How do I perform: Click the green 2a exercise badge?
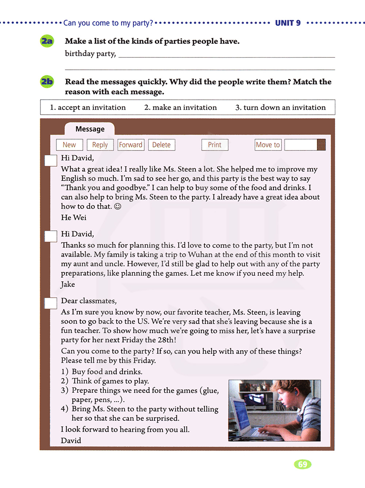(x=47, y=41)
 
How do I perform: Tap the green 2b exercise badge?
(x=47, y=81)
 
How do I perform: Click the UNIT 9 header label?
(x=288, y=23)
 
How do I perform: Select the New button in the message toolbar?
(x=69, y=145)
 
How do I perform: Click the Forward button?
(x=131, y=145)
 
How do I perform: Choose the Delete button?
(x=161, y=145)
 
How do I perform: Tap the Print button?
(x=215, y=145)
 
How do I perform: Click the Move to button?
(x=268, y=145)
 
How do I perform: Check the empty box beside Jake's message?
(x=50, y=236)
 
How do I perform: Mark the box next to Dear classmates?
(x=50, y=303)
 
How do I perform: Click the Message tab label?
(x=90, y=129)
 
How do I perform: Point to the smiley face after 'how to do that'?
(x=118, y=206)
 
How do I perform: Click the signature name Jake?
(x=68, y=284)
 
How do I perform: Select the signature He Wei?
(x=74, y=218)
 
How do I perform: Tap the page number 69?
(x=303, y=464)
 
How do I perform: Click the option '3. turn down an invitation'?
(x=280, y=107)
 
